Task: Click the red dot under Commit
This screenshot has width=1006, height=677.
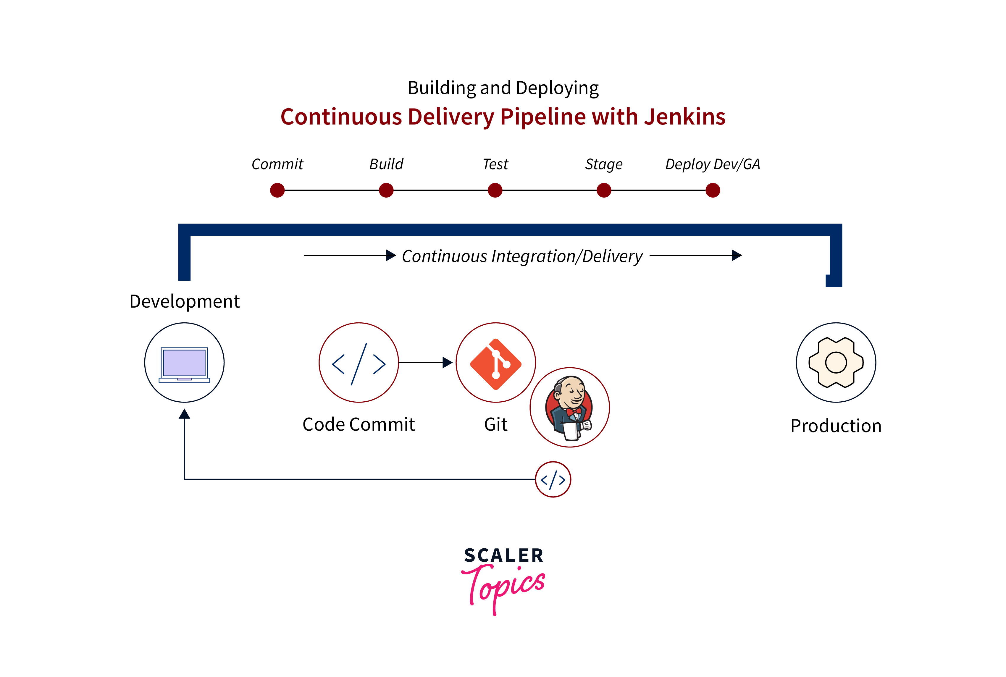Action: [277, 190]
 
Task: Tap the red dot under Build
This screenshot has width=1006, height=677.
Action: [386, 190]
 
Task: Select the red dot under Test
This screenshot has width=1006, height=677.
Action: [495, 190]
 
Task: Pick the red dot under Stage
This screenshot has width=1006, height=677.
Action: [604, 190]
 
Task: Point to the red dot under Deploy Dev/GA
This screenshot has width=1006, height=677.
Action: [712, 190]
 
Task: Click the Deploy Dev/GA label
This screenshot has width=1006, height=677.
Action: [712, 164]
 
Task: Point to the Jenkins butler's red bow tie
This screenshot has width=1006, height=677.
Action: [574, 411]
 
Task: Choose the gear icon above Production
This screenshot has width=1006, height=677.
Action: [836, 362]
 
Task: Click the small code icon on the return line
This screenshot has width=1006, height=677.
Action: [553, 479]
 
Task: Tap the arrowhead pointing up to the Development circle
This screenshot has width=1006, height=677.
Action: [184, 414]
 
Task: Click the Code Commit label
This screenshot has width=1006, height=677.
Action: [359, 424]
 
